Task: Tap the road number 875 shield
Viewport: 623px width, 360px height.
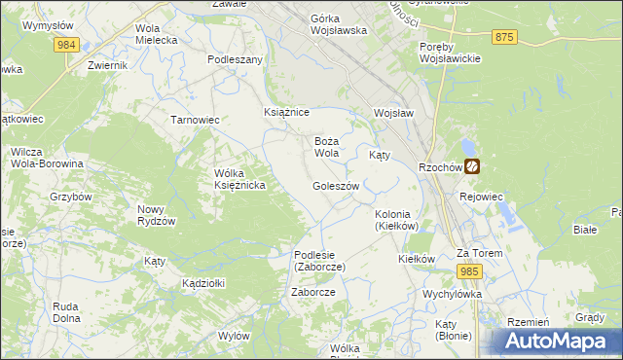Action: click(503, 36)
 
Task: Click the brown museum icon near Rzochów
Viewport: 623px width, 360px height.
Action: click(472, 166)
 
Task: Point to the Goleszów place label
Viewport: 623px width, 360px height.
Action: click(336, 186)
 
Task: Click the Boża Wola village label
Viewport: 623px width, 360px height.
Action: click(326, 147)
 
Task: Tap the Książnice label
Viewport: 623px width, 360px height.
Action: click(286, 113)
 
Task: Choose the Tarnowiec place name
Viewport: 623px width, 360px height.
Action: click(195, 120)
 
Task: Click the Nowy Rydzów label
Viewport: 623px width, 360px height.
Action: click(156, 215)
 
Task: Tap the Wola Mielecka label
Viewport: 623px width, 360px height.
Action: click(157, 34)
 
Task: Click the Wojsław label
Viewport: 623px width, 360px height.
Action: click(394, 113)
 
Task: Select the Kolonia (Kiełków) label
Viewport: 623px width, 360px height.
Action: click(396, 220)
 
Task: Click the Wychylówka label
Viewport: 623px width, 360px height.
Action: click(453, 293)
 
